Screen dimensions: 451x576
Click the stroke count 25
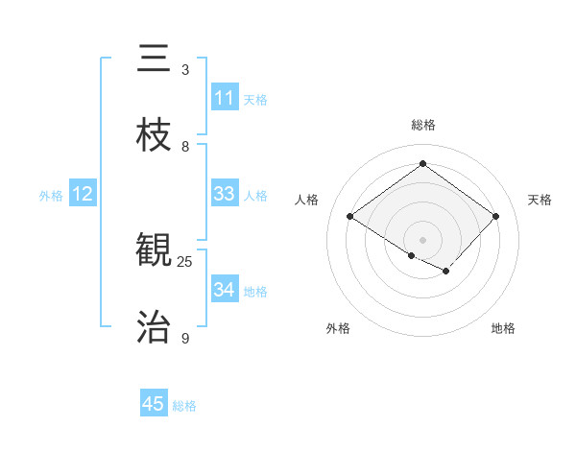(185, 261)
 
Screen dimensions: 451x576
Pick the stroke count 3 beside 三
(185, 70)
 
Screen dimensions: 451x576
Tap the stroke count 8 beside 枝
(185, 147)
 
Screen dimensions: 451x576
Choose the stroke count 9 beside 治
(185, 339)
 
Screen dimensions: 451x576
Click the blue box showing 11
(225, 98)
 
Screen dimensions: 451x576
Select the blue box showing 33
(225, 194)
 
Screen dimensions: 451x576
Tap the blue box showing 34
(225, 290)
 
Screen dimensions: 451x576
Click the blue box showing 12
(83, 194)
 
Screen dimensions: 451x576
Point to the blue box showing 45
(154, 404)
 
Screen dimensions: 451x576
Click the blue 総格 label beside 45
(184, 406)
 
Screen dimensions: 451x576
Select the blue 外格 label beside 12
(51, 196)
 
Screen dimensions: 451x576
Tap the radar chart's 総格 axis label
(422, 125)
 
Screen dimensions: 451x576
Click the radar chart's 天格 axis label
(540, 200)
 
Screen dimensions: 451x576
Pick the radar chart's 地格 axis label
(503, 328)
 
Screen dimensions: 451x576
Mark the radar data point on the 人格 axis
(350, 216)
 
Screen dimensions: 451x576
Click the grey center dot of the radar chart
(422, 239)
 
